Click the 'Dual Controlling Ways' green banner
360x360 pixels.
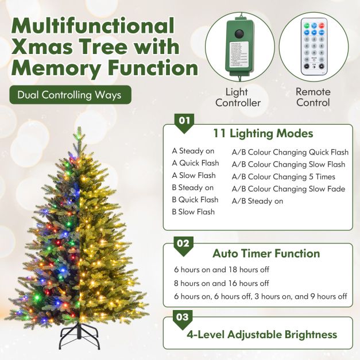70,95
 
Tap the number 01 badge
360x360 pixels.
184,121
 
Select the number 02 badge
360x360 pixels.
183,243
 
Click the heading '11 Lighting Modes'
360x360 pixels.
263,134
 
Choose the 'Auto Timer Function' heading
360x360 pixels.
266,253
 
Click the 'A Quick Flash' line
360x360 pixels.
195,163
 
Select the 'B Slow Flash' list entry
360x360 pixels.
193,212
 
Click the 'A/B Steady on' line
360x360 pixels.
257,201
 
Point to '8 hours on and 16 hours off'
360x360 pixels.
221,283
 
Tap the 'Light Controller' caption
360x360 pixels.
238,98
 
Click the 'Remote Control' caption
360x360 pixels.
313,97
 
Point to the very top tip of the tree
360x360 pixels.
77,133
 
